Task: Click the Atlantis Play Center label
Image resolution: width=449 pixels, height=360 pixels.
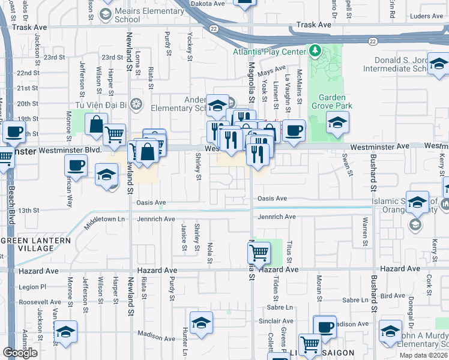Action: pyautogui.click(x=270, y=52)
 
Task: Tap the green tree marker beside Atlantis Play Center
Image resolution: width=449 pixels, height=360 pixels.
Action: pyautogui.click(x=314, y=50)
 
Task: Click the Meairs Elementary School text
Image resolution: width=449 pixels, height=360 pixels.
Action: pyautogui.click(x=140, y=15)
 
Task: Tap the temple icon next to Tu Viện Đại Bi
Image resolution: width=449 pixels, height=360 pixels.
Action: pyautogui.click(x=136, y=104)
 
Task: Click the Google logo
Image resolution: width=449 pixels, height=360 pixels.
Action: pyautogui.click(x=20, y=353)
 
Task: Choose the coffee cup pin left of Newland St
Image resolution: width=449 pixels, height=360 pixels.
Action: pyautogui.click(x=76, y=166)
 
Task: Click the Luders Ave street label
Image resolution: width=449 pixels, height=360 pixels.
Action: pyautogui.click(x=427, y=16)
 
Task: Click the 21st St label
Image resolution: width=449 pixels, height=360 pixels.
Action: pyautogui.click(x=27, y=88)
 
